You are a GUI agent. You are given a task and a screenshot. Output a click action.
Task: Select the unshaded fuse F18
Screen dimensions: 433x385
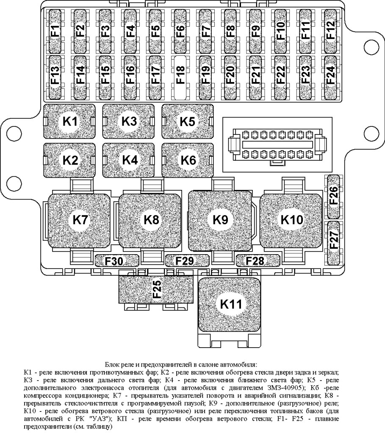tap(180, 76)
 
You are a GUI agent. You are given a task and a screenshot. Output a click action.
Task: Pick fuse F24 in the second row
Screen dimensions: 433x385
tap(330, 76)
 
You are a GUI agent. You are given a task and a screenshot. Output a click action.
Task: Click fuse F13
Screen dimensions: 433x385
tap(55, 76)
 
